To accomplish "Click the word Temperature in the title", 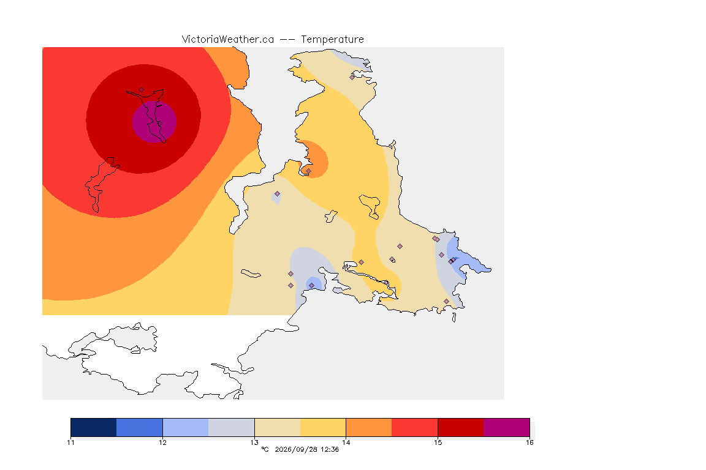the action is (332, 40).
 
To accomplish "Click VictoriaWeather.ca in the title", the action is (228, 40).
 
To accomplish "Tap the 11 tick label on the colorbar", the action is (70, 442).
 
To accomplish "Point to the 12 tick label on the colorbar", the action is (162, 442).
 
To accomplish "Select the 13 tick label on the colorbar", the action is (254, 442).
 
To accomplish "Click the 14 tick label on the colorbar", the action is (346, 442).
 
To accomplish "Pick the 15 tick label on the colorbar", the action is (438, 442).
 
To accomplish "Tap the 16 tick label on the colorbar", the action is (529, 442).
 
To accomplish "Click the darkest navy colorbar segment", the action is (94, 427).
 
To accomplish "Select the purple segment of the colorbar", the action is (507, 427).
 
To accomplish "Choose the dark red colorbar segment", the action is (461, 427).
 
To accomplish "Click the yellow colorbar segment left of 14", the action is (323, 427).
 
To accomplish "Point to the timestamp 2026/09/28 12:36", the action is (306, 449).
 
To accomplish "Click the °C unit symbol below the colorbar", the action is (265, 449).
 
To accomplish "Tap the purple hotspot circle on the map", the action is (154, 121).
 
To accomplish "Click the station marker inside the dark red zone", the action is (142, 90).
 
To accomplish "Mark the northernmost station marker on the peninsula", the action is (352, 77).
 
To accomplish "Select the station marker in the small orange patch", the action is (308, 171).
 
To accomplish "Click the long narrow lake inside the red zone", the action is (103, 184).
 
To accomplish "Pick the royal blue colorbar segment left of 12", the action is (140, 427).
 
